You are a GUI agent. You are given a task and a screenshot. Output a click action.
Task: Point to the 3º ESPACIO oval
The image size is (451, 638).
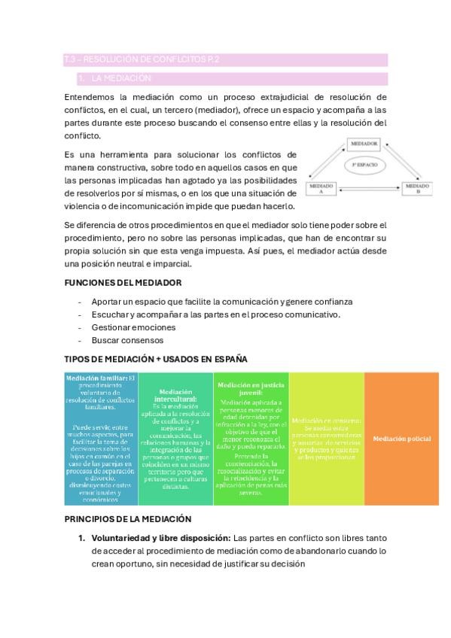click(364, 163)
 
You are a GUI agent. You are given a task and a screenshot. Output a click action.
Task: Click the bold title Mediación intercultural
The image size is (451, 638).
click(176, 396)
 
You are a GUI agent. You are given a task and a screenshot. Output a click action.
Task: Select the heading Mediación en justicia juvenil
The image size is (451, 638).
click(251, 388)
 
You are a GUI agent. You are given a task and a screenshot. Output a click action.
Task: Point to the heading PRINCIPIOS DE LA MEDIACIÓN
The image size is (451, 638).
click(127, 518)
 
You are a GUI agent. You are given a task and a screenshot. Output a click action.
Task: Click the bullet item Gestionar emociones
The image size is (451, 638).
click(133, 327)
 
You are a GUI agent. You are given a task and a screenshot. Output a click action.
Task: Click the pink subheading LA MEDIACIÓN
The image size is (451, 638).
click(121, 78)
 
